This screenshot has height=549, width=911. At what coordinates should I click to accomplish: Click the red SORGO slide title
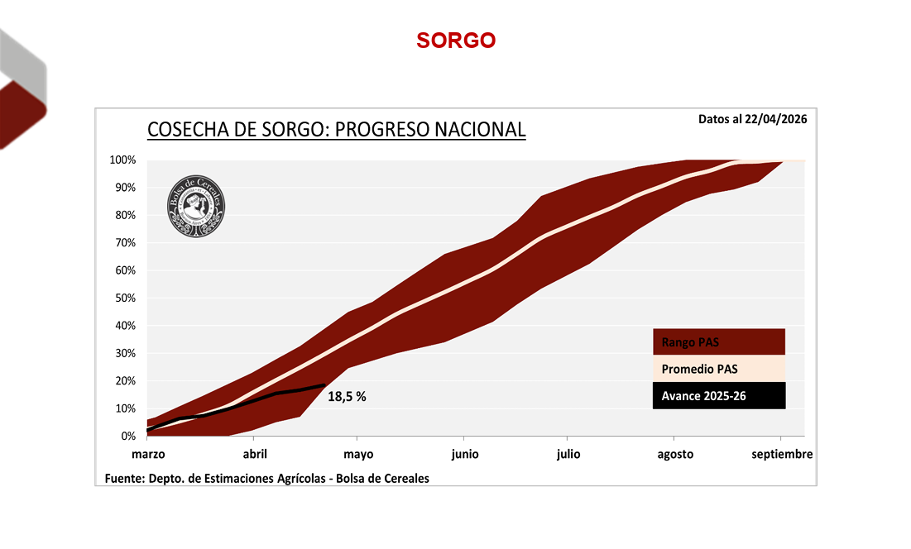(x=456, y=41)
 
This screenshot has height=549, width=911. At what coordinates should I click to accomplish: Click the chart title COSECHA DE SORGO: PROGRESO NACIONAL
(x=336, y=130)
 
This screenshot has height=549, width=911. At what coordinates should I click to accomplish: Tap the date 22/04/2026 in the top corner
(x=775, y=118)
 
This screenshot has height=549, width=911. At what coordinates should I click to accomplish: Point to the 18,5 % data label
(x=347, y=397)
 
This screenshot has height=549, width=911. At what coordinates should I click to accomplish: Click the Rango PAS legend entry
(x=718, y=342)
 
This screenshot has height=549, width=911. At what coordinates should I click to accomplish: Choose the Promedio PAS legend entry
(x=718, y=369)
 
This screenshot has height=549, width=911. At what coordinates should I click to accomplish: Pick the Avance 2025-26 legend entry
(x=718, y=396)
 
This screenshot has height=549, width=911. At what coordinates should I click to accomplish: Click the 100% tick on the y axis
(x=123, y=160)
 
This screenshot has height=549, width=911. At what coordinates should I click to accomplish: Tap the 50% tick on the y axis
(x=126, y=298)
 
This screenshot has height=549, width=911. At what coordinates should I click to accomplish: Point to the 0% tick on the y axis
(x=128, y=436)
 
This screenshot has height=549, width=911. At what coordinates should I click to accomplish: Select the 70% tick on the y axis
(x=126, y=242)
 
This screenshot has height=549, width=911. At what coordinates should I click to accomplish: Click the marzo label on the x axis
(x=148, y=454)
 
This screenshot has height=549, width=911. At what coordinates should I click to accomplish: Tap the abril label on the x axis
(x=255, y=454)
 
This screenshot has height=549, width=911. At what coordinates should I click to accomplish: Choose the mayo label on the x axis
(x=357, y=454)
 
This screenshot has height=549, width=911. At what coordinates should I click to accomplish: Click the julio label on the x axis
(x=568, y=454)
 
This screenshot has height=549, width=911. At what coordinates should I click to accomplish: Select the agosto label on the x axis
(x=675, y=454)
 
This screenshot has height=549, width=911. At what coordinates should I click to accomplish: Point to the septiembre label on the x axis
(x=781, y=454)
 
